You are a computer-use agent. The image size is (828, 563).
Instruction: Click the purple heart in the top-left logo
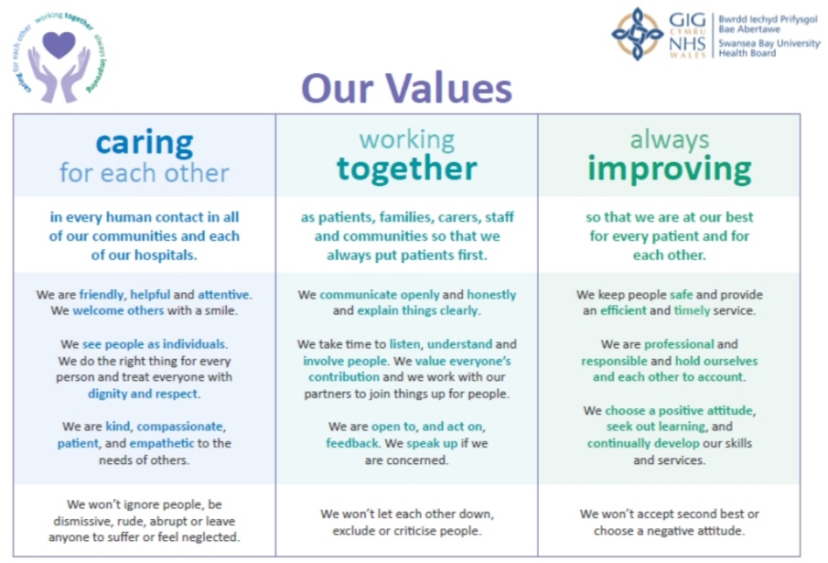[59, 44]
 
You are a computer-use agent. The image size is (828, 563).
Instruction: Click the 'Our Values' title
[406, 88]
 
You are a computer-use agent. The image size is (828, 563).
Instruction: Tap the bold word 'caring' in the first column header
[145, 143]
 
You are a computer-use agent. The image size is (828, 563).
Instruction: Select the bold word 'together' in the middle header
[406, 168]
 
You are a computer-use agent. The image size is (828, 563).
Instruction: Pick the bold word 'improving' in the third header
[669, 169]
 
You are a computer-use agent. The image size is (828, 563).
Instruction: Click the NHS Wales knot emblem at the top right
[638, 33]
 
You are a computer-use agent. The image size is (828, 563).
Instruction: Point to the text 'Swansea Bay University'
[769, 43]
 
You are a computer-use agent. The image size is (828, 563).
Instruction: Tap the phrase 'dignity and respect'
[143, 394]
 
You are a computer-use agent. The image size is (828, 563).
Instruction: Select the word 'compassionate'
[180, 427]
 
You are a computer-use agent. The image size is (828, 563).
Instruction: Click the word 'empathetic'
[162, 443]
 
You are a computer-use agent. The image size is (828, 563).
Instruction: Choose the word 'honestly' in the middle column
[491, 295]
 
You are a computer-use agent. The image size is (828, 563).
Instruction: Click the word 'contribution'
[344, 377]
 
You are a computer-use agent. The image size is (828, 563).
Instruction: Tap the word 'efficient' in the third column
[623, 310]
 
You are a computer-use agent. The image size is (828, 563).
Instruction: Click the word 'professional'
[679, 344]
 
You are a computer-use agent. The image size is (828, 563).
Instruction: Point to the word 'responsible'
[614, 362]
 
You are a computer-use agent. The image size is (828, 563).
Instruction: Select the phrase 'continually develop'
[643, 443]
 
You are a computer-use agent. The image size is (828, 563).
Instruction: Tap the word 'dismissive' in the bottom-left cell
[83, 521]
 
